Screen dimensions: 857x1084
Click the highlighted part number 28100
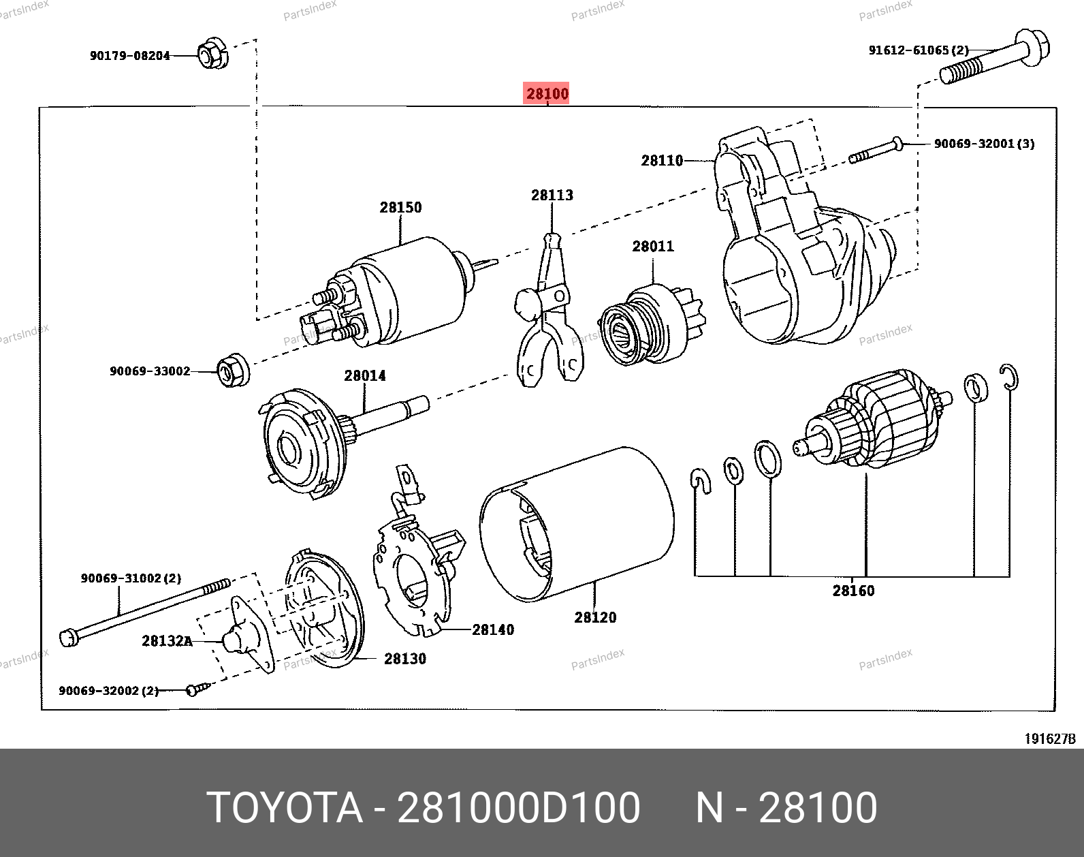547,94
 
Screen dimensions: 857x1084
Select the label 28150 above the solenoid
400,207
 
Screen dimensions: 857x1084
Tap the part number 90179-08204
129,56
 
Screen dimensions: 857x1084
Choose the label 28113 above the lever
552,196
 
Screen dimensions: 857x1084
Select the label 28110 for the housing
662,161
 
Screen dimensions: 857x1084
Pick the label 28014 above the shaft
364,375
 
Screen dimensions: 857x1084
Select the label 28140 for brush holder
494,629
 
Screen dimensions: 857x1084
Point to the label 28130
405,659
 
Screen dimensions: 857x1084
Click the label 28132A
168,640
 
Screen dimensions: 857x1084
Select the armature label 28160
853,591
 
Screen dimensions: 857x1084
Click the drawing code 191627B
1050,739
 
